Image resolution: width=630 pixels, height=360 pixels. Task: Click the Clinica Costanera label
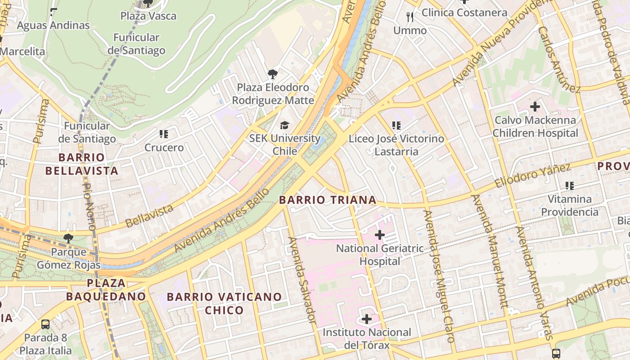464,13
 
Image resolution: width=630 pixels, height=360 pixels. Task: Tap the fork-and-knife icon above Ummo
409,17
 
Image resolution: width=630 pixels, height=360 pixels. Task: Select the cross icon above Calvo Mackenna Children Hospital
535,107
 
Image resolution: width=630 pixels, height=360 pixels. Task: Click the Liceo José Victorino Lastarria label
396,145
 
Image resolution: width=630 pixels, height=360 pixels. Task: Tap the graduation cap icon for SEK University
284,125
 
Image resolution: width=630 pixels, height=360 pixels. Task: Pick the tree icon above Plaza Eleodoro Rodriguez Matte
272,74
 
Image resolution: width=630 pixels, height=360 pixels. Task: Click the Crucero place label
164,148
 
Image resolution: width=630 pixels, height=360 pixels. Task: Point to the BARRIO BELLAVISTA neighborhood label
81,164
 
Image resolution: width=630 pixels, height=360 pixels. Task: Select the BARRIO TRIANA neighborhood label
328,200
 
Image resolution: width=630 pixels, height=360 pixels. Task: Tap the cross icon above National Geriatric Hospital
380,234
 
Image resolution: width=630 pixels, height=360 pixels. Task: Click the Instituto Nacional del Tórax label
367,339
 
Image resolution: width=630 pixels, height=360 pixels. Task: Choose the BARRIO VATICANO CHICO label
224,303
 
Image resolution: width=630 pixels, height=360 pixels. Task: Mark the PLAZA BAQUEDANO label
106,290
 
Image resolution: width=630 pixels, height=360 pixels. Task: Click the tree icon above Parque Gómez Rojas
68,238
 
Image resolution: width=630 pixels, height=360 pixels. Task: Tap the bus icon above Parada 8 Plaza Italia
45,324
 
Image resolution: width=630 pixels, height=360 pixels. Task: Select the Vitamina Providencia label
570,205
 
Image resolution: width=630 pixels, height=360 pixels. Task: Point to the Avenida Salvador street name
302,279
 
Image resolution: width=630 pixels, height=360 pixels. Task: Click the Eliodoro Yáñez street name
532,176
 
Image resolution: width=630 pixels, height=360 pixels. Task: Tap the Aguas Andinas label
53,25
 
